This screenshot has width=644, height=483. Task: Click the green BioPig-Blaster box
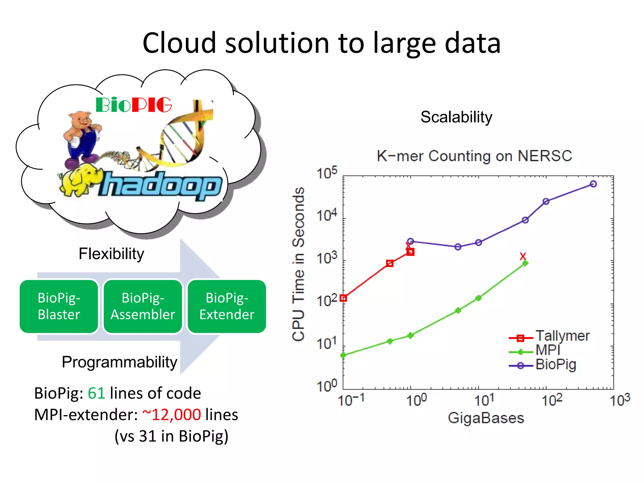(59, 306)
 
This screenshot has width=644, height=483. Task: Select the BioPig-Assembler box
(143, 306)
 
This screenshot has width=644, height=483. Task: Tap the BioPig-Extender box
(227, 306)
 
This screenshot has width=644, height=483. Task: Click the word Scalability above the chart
(456, 117)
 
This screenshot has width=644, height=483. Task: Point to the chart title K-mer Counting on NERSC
(474, 156)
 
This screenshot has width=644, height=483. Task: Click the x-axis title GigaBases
(486, 418)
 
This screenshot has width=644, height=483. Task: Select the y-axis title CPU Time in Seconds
(298, 264)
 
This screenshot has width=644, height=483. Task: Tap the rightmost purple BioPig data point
(593, 184)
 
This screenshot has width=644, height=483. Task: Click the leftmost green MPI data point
(343, 355)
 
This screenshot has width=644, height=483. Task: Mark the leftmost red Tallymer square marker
(343, 298)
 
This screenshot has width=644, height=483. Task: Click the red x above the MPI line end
(523, 256)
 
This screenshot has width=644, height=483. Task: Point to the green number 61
(96, 393)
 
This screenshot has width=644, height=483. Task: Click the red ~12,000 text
(171, 415)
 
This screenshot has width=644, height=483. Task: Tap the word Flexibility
(111, 254)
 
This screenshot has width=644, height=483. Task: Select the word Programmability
(119, 362)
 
